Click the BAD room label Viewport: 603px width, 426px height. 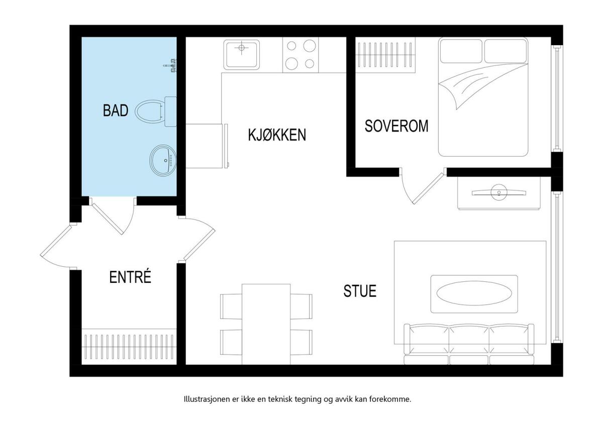116,111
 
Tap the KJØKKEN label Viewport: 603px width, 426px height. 277,135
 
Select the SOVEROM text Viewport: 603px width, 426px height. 396,126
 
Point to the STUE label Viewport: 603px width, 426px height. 360,291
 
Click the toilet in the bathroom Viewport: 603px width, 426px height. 156,111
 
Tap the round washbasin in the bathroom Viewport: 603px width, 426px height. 163,161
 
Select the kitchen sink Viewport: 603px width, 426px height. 242,54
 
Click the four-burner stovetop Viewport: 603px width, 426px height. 300,55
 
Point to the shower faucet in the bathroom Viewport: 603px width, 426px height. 170,65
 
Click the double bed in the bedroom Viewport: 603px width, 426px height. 483,96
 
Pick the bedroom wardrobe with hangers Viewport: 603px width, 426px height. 385,55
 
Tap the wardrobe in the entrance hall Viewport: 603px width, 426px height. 129,347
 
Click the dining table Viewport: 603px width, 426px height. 266,325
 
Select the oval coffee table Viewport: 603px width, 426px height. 474,294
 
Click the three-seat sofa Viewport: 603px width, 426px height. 469,344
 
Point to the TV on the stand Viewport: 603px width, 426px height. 499,192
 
